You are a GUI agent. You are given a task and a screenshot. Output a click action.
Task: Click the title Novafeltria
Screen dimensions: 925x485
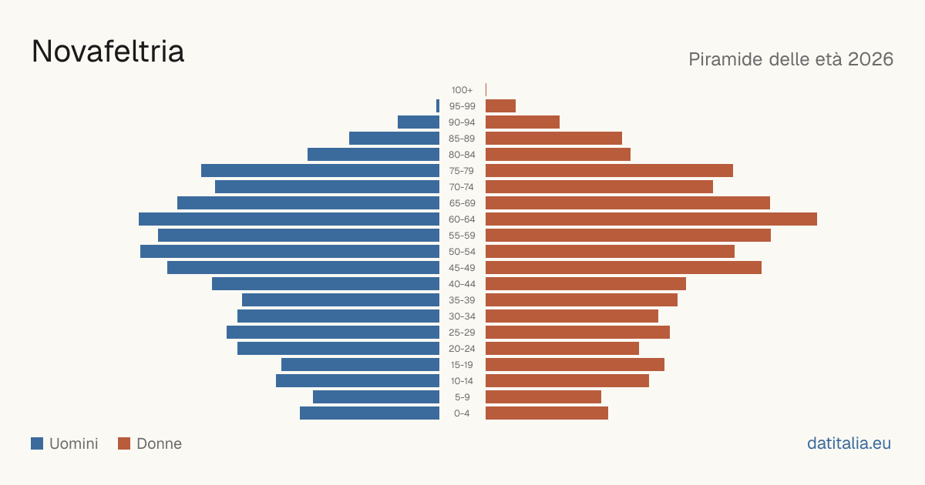tap(108, 52)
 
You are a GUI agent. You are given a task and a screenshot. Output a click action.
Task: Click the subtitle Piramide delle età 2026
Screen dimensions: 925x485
tap(791, 59)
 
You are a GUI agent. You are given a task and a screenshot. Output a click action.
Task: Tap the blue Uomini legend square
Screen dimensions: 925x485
tap(37, 443)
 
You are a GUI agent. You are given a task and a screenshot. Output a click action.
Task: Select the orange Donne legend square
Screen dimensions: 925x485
tap(124, 443)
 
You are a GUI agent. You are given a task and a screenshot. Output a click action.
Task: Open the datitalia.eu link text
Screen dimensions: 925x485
tap(849, 443)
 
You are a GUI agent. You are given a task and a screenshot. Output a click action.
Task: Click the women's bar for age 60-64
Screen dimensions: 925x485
tap(651, 219)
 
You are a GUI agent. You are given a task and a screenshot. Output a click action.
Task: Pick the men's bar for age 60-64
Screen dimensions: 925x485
tap(289, 219)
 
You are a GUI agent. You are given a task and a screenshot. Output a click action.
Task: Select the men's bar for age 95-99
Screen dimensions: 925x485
tap(438, 106)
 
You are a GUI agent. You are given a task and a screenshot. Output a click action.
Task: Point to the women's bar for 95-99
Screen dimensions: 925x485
tap(500, 106)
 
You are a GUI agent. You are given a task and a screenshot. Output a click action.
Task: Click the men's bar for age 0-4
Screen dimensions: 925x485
tap(369, 413)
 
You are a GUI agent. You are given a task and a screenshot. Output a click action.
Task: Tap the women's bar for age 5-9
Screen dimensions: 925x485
tap(543, 397)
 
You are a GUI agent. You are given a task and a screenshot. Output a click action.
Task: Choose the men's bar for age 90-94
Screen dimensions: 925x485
tap(419, 122)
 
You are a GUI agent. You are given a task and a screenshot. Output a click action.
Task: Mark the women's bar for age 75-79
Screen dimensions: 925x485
tap(609, 171)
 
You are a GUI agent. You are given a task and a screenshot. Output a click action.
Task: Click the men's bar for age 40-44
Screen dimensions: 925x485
tap(326, 284)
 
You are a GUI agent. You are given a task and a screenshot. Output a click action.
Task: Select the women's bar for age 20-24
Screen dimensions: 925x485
tap(562, 349)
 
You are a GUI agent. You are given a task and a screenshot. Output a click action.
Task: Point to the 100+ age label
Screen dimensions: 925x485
tap(462, 90)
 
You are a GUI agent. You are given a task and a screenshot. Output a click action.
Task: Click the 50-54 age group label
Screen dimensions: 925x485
tap(462, 252)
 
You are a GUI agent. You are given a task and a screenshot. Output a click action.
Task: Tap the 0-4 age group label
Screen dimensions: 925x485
tap(462, 413)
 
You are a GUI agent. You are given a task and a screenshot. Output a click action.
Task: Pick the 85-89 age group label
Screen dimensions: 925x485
tap(462, 139)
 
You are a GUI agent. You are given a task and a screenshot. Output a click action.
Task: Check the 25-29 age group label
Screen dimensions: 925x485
tap(462, 333)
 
